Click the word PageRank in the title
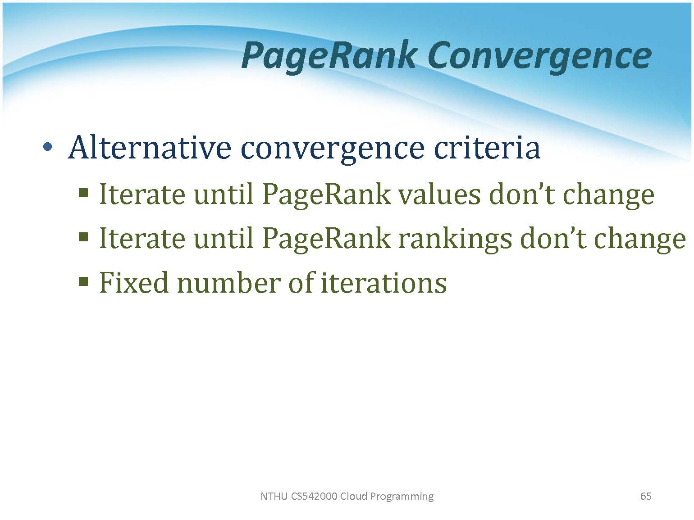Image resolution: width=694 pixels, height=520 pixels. pos(328,56)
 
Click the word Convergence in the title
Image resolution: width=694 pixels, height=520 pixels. pos(539,57)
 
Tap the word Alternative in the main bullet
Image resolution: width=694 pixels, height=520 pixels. pos(150,147)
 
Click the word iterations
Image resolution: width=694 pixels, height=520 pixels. pos(384,283)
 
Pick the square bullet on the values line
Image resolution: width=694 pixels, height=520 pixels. pos(83,192)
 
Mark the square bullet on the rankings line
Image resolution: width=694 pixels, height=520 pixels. pos(83,236)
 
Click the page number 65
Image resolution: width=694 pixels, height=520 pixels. pos(646,496)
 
